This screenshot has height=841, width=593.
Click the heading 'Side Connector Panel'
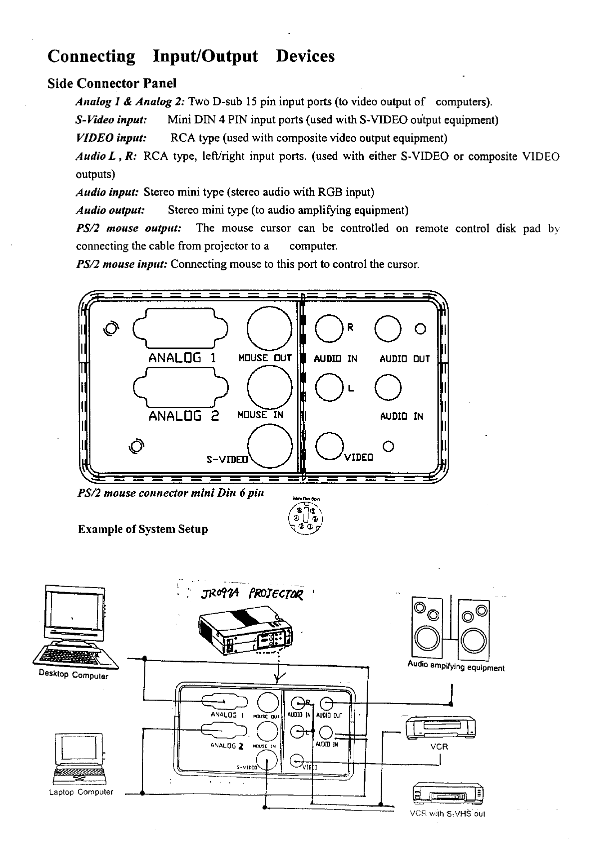[x=112, y=83]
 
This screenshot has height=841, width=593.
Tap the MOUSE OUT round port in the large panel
[x=270, y=328]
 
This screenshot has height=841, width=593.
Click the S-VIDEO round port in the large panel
[x=270, y=446]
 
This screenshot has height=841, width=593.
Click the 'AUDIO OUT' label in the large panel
[x=405, y=359]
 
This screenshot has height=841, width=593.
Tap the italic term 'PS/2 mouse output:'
[x=128, y=228]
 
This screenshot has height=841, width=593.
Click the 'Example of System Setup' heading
[x=143, y=529]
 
